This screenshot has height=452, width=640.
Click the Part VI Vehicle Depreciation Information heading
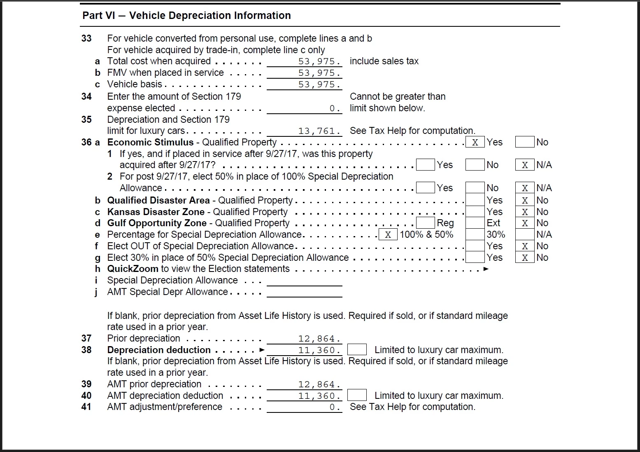click(186, 16)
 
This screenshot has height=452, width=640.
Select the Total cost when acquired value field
click(304, 61)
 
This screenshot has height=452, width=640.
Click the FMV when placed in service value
click(304, 73)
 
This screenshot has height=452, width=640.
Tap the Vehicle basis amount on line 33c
click(304, 84)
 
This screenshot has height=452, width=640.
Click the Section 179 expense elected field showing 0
click(304, 108)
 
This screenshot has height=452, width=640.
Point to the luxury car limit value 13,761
click(304, 131)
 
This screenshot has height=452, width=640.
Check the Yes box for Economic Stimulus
click(475, 142)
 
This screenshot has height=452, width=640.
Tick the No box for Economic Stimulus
click(524, 142)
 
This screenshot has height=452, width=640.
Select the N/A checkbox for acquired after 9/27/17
click(524, 165)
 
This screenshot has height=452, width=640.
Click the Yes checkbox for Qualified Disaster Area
click(475, 200)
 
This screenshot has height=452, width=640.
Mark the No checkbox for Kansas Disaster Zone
click(524, 212)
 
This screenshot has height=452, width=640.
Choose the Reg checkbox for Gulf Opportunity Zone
click(425, 223)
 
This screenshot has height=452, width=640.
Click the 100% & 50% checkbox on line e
click(388, 234)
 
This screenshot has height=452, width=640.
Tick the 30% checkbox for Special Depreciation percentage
click(475, 234)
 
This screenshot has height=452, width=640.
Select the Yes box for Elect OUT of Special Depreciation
click(475, 246)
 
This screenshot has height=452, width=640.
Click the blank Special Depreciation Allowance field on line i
click(304, 281)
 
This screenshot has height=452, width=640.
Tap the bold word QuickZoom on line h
click(133, 269)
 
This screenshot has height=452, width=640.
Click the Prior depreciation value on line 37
click(304, 339)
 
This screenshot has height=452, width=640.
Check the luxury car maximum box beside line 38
click(357, 350)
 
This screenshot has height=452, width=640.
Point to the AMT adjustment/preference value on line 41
click(304, 407)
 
